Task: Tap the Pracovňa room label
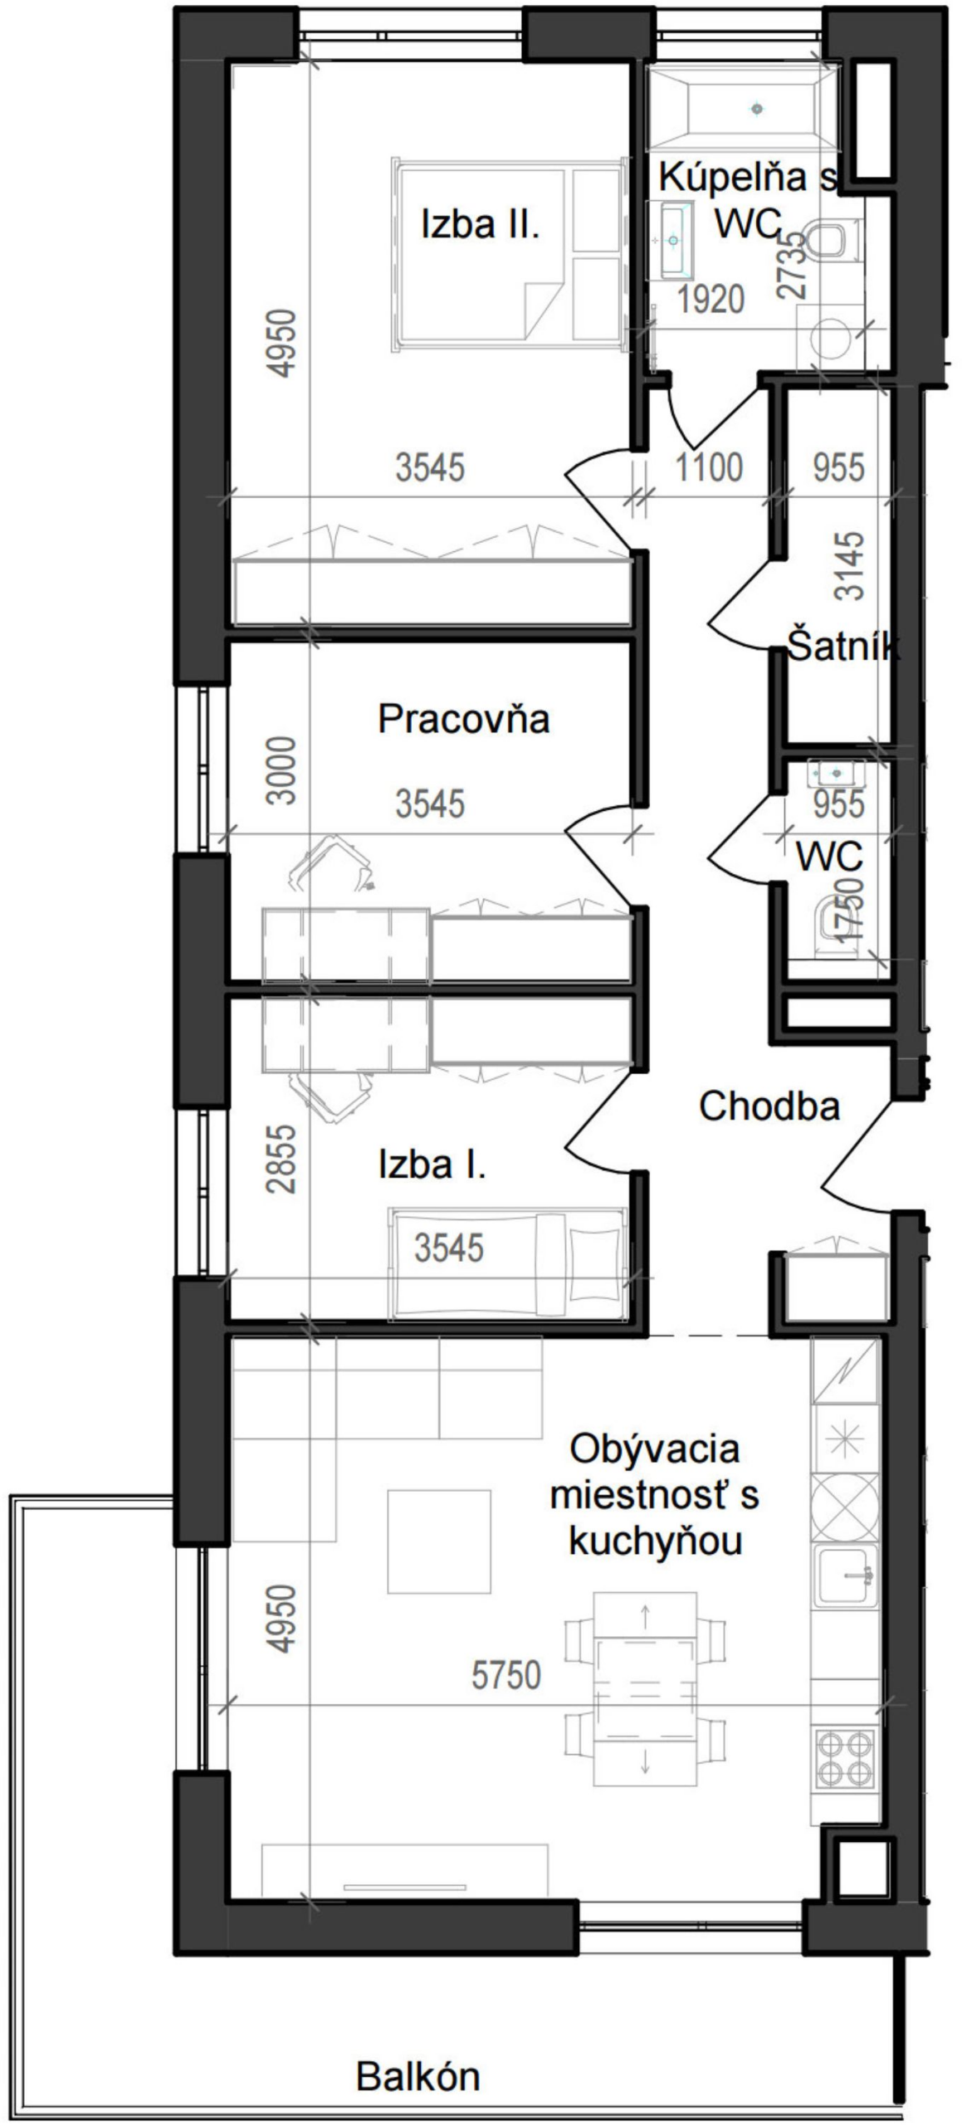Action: pyautogui.click(x=463, y=718)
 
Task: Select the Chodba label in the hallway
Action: pyautogui.click(x=769, y=1106)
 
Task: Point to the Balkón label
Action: pyautogui.click(x=418, y=2076)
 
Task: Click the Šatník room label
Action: pyautogui.click(x=842, y=647)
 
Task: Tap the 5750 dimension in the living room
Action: pyautogui.click(x=505, y=1674)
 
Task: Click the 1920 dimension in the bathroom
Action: pyautogui.click(x=711, y=300)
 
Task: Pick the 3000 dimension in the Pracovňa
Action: pyautogui.click(x=282, y=769)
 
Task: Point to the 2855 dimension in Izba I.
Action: pyautogui.click(x=282, y=1159)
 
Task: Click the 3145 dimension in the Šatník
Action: pyautogui.click(x=850, y=566)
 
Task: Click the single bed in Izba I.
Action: pyautogui.click(x=507, y=1263)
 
